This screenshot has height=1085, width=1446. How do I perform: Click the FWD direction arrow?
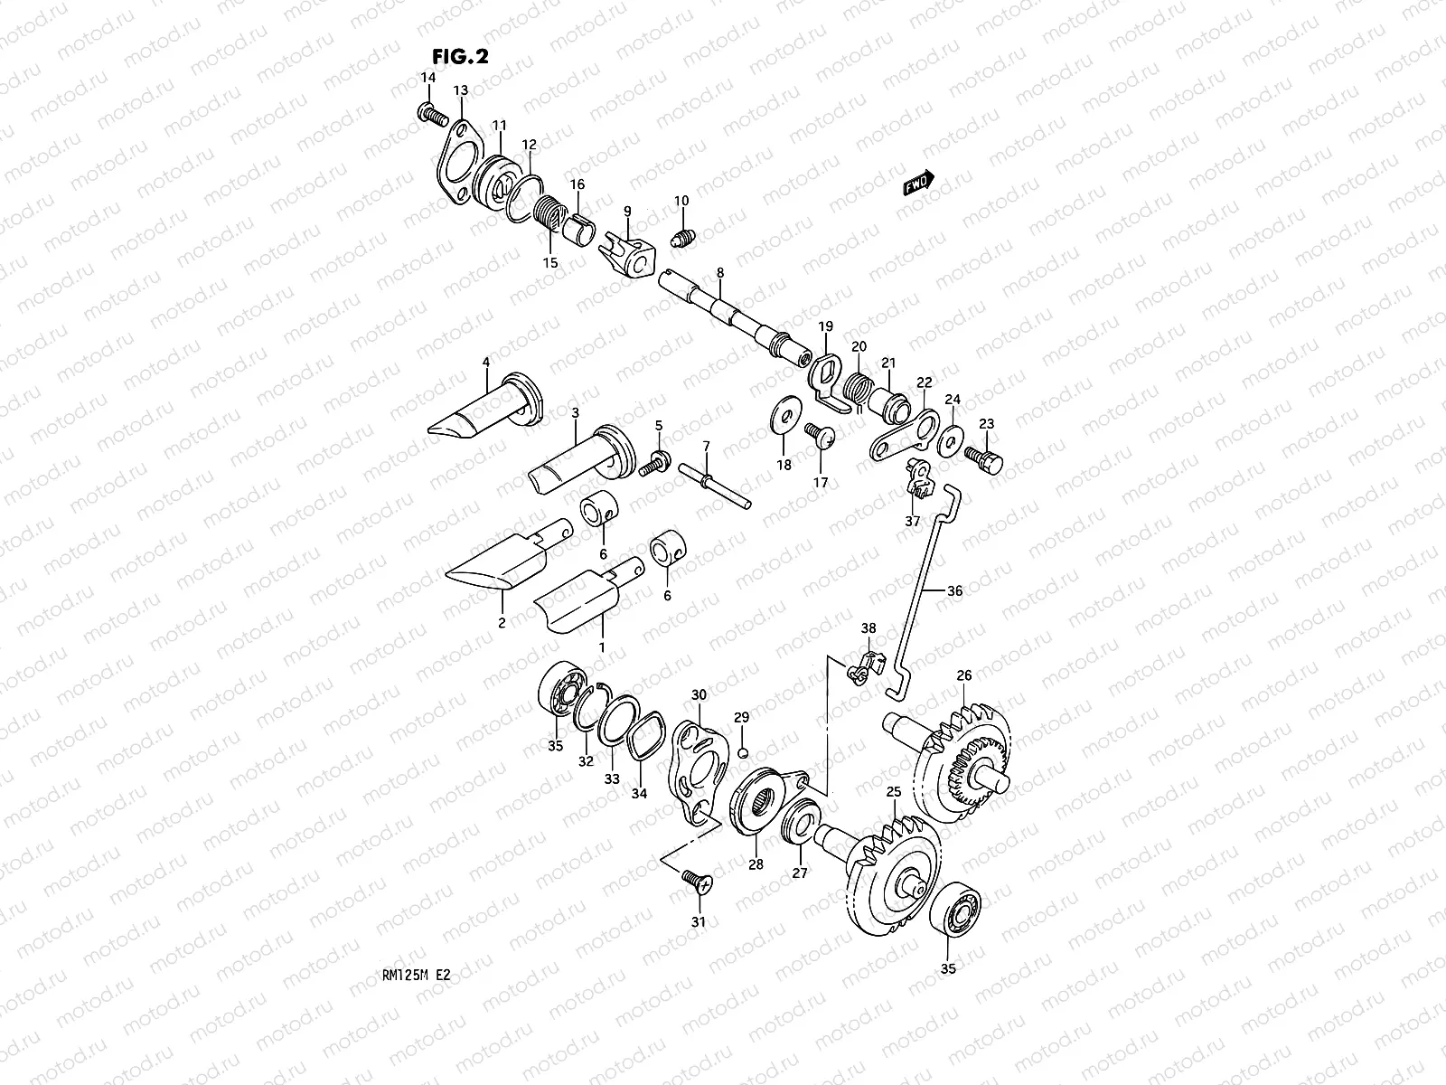[x=918, y=184]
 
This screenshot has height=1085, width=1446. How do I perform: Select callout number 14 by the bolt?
[x=427, y=80]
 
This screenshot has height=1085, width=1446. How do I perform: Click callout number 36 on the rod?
[x=955, y=591]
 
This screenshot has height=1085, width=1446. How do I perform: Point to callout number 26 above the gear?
[x=964, y=675]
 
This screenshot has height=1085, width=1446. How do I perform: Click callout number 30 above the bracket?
[x=699, y=694]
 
